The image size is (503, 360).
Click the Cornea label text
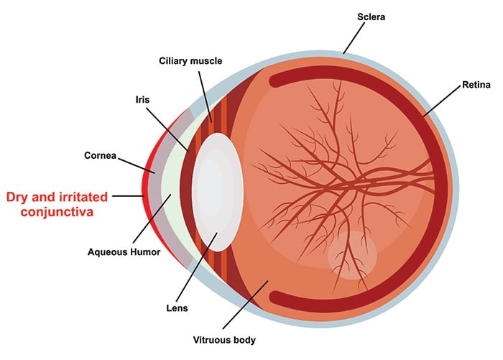coord(101,154)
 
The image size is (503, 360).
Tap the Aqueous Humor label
coord(124,252)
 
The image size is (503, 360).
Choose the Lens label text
coord(177,309)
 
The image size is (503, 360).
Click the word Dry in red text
coord(19,195)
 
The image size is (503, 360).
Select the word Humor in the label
coord(146,252)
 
